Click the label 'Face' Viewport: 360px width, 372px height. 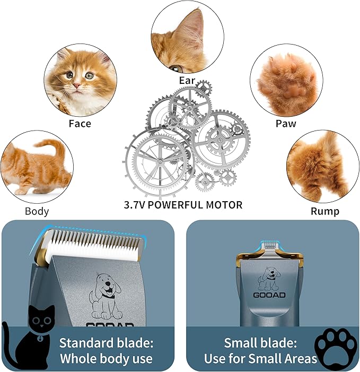coord(80,124)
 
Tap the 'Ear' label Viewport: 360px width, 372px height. coord(186,81)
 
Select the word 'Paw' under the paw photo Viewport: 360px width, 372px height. coord(285,124)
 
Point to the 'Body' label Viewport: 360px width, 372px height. coord(37,211)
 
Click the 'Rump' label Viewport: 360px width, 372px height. coord(325,211)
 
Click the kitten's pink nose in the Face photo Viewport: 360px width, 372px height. coord(77,85)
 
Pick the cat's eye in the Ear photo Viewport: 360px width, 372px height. coord(177,68)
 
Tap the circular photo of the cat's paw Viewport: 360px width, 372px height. coord(286,80)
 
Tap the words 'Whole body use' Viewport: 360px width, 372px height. coord(106,359)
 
